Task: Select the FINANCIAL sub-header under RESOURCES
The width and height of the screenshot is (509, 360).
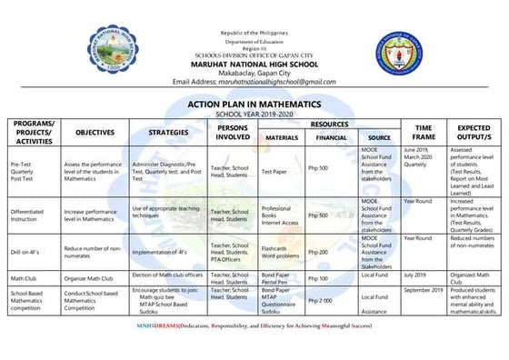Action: [330, 138]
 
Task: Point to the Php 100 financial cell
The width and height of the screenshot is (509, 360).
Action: [318, 278]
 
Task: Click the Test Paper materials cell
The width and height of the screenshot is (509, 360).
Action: [275, 169]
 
